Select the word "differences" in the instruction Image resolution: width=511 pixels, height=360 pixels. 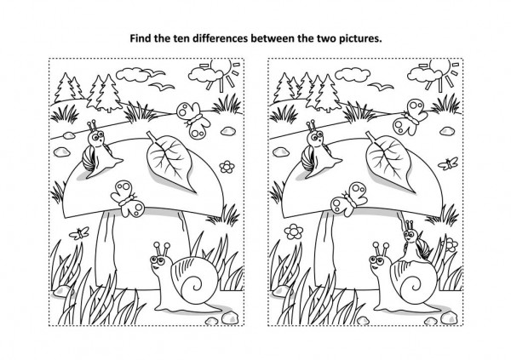221,38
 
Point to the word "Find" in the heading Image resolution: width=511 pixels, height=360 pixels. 141,38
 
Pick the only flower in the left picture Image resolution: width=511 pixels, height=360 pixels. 227,167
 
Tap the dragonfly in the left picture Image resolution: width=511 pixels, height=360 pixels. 79,233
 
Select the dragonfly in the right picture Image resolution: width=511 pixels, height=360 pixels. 449,163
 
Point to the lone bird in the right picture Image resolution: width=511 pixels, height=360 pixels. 381,86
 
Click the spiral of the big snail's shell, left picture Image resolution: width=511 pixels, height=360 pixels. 195,284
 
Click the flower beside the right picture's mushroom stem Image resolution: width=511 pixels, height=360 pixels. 294,231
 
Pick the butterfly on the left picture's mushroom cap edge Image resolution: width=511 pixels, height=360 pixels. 128,198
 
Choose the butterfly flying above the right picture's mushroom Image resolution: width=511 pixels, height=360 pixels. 410,117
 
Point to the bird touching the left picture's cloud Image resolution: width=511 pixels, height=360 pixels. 154,72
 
